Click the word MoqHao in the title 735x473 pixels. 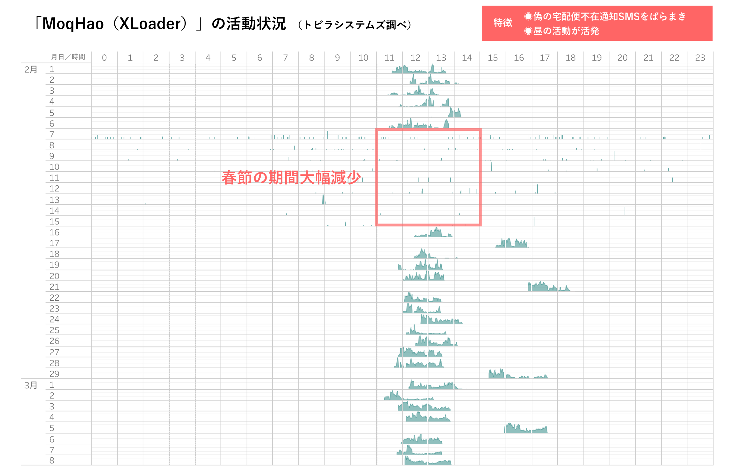tap(73, 24)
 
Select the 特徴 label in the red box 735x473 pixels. tap(503, 23)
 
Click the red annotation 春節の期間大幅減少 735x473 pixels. tap(291, 178)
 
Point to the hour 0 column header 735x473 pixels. tap(104, 58)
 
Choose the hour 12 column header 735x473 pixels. tap(415, 58)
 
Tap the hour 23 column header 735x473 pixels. tap(700, 58)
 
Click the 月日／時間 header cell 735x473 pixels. tap(68, 57)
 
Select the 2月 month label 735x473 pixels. tap(31, 69)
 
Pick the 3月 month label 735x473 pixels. tap(31, 385)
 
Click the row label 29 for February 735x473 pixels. tap(54, 374)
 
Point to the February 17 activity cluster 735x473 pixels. tap(512, 244)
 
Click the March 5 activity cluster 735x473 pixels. tap(525, 428)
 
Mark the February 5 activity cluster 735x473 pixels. tap(455, 113)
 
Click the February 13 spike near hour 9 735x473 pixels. tap(323, 200)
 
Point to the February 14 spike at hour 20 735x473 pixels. tap(625, 211)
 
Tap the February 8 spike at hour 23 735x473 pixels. tap(701, 145)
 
